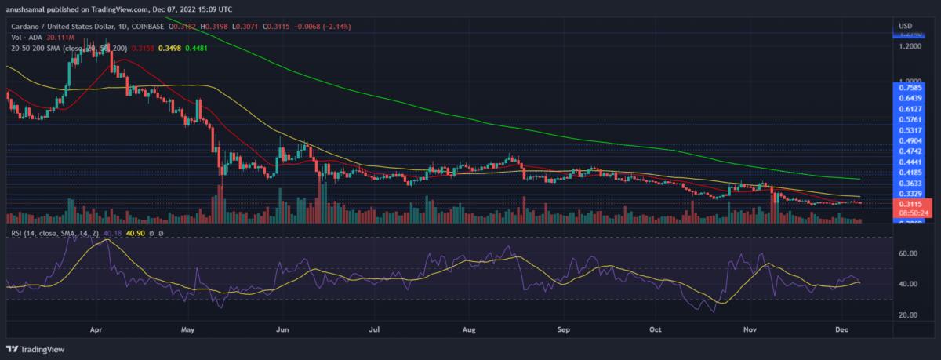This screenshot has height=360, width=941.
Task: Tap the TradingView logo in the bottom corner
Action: pyautogui.click(x=38, y=349)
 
